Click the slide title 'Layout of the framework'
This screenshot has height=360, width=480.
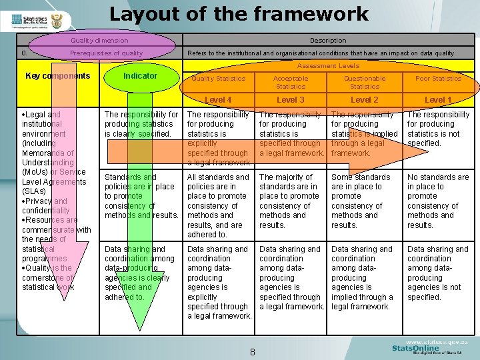click(x=239, y=14)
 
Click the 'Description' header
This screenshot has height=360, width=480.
click(x=328, y=41)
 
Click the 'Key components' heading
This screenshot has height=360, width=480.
click(x=57, y=76)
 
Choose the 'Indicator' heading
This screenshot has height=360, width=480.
click(x=141, y=76)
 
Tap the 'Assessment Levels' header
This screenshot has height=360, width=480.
click(x=328, y=66)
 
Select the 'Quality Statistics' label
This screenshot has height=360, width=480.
click(x=218, y=79)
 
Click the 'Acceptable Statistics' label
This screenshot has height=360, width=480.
click(x=291, y=82)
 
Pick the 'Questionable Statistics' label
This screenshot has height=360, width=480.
click(x=365, y=82)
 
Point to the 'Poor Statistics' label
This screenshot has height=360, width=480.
click(x=438, y=79)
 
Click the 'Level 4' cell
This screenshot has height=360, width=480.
click(x=218, y=100)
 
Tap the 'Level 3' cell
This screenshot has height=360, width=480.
click(x=291, y=100)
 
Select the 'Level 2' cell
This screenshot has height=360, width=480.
click(x=365, y=100)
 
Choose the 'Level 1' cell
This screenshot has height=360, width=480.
click(x=438, y=100)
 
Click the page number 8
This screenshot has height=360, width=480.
click(x=253, y=352)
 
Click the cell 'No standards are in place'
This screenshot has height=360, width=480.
click(x=438, y=201)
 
